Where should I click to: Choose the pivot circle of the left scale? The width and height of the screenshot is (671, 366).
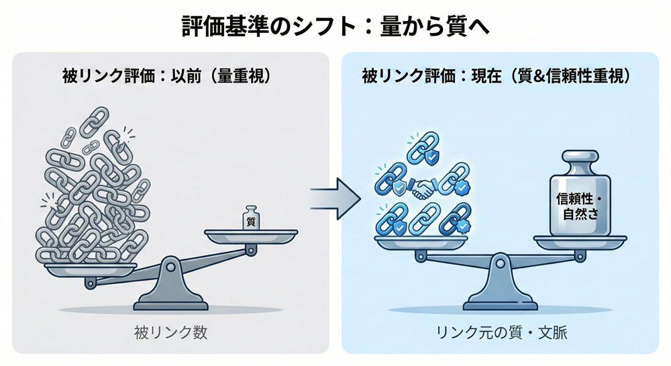pos(169,268)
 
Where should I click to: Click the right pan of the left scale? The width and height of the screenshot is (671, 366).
pos(250,236)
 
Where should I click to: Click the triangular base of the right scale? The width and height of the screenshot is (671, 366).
pos(500,295)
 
